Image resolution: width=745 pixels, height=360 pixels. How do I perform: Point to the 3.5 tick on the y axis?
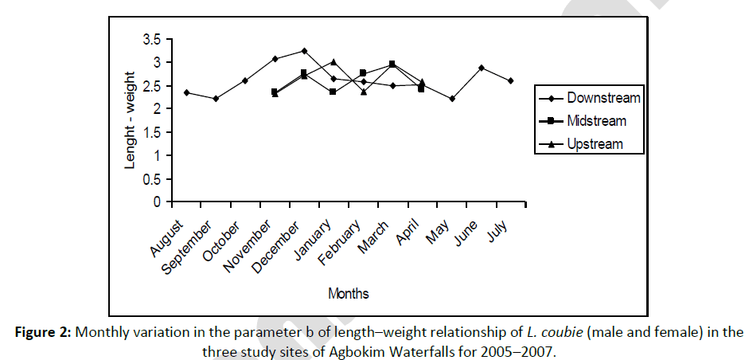pyautogui.click(x=152, y=39)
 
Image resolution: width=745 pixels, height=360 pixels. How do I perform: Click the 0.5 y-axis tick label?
pyautogui.click(x=152, y=178)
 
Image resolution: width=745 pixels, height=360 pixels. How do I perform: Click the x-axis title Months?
pyautogui.click(x=348, y=294)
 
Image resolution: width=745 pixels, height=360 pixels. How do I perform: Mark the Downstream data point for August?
pyautogui.click(x=186, y=92)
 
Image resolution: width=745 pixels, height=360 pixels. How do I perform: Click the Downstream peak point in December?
pyautogui.click(x=304, y=51)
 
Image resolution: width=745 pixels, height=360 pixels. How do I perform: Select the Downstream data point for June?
pyautogui.click(x=482, y=68)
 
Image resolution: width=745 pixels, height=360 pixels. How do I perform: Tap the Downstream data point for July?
pyautogui.click(x=510, y=80)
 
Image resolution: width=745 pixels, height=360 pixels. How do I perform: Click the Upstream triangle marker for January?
pyautogui.click(x=333, y=61)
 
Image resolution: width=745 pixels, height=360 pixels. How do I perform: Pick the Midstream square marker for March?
pyautogui.click(x=392, y=64)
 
